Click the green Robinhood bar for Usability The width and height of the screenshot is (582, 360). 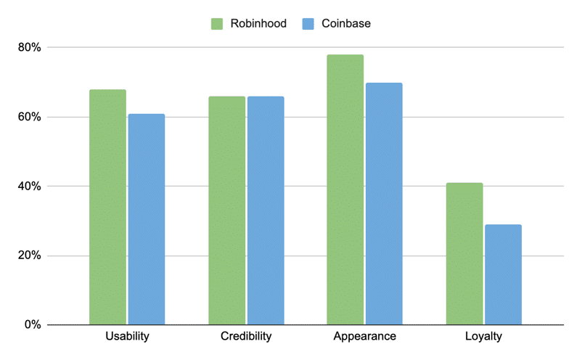pos(107,207)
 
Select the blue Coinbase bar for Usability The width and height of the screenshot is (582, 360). pos(147,219)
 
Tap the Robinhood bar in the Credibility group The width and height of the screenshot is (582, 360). pos(226,210)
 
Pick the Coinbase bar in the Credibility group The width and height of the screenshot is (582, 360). pos(266,210)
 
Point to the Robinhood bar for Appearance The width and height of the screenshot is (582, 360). pos(345,189)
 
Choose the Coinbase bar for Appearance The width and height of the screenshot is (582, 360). pos(384,203)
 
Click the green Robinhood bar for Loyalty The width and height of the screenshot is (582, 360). pos(464,254)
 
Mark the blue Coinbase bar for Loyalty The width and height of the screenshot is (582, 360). pos(503,274)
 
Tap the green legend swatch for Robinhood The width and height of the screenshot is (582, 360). pos(217,24)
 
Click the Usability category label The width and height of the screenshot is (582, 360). pos(127,337)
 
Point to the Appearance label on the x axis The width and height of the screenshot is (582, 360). pos(364,337)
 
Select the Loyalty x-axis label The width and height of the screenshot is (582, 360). pos(483,337)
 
